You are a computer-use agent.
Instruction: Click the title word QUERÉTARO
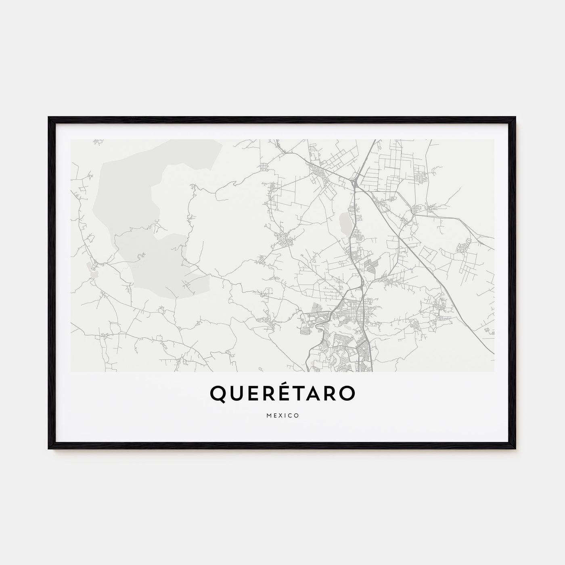tap(282, 394)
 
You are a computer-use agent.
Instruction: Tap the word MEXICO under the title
tap(282, 415)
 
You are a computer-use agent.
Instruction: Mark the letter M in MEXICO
tap(268, 415)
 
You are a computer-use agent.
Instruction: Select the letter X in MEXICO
tap(280, 415)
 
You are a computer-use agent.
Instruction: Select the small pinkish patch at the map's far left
tap(94, 274)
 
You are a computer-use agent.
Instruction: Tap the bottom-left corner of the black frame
tap(49, 448)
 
